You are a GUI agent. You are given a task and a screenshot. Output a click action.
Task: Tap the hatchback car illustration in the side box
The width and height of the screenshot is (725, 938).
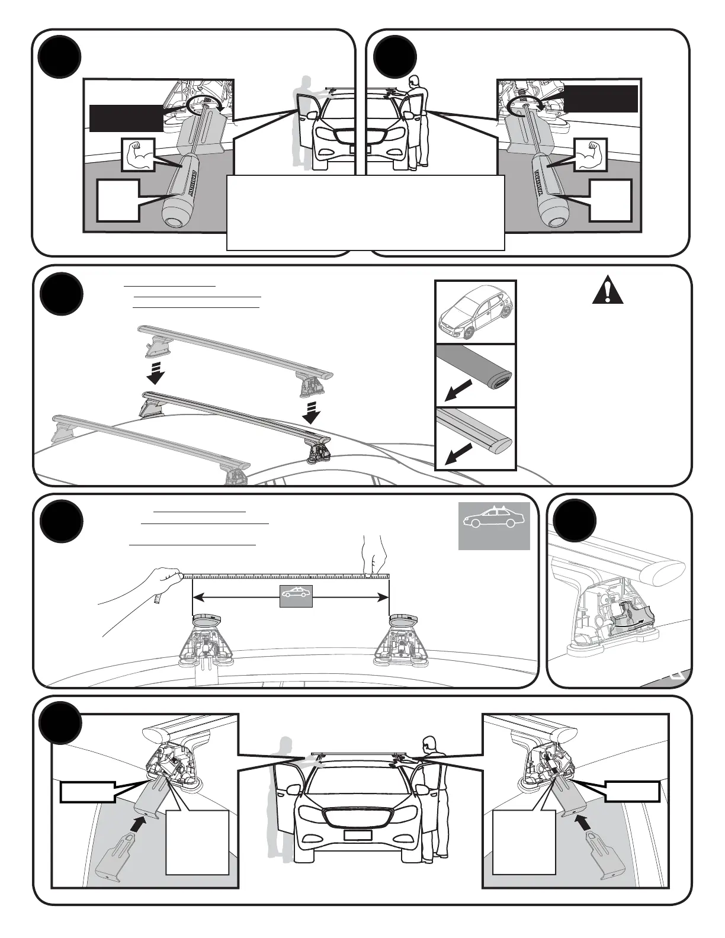[476, 312]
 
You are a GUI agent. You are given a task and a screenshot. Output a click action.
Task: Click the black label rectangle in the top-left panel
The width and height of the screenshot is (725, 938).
[126, 118]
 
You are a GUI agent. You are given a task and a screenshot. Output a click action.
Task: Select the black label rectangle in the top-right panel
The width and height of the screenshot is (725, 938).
[601, 98]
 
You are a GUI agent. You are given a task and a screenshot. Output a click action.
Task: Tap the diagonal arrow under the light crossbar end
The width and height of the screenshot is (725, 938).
[458, 454]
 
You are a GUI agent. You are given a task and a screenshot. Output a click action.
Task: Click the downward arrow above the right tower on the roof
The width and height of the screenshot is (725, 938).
[311, 412]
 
